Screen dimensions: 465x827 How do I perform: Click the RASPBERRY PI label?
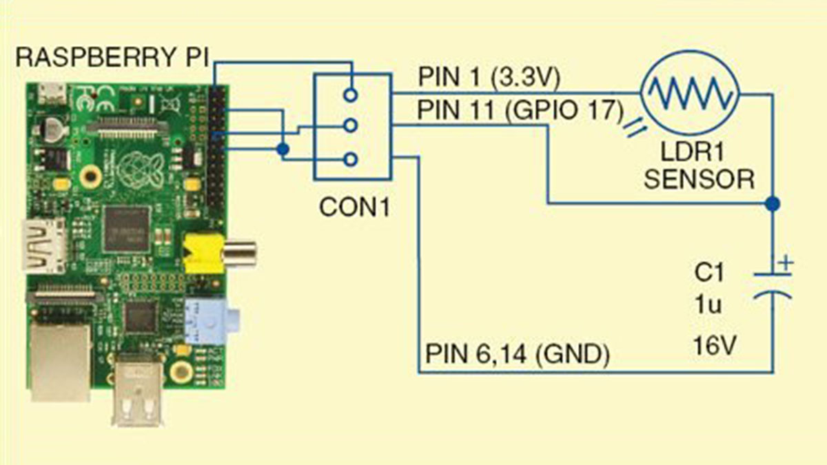(111, 57)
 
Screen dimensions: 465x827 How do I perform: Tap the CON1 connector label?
(354, 207)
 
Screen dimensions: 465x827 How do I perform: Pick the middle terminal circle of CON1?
(351, 126)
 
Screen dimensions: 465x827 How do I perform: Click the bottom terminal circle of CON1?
(351, 160)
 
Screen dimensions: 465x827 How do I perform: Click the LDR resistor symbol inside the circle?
(689, 92)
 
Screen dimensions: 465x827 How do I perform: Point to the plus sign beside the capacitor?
(786, 262)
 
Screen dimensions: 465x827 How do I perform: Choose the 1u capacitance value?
(708, 304)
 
